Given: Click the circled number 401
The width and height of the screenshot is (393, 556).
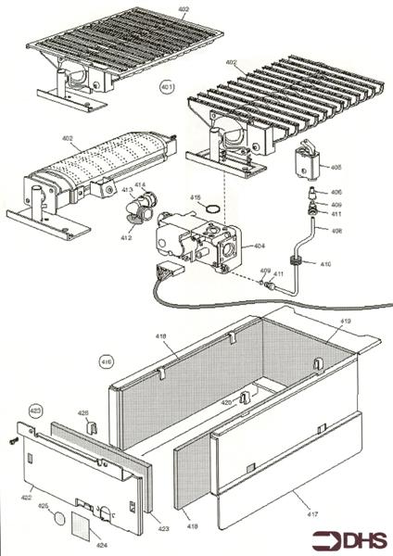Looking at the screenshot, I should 167,89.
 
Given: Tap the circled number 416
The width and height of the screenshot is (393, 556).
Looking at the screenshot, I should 107,360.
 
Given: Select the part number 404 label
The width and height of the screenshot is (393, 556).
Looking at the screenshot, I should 259,246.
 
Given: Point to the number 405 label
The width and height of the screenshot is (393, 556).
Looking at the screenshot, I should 336,168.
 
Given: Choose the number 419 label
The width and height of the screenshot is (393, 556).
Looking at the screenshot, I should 345,322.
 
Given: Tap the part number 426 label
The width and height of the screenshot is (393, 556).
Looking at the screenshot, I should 82,413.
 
